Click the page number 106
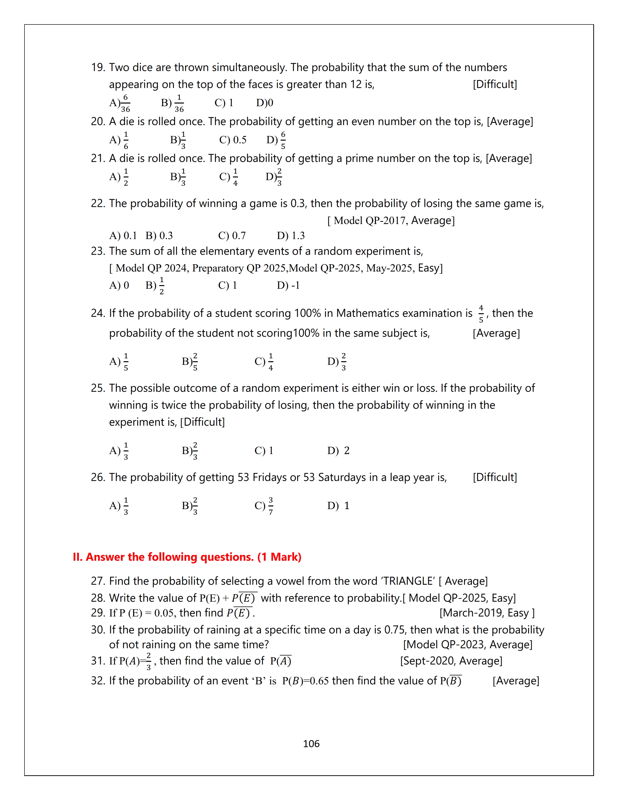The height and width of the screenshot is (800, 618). pyautogui.click(x=311, y=744)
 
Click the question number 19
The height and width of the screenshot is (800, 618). pyautogui.click(x=98, y=67)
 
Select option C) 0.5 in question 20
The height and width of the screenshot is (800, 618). pyautogui.click(x=233, y=140)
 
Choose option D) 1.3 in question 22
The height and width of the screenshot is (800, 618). pyautogui.click(x=291, y=236)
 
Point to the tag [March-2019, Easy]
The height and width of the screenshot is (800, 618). pyautogui.click(x=487, y=613)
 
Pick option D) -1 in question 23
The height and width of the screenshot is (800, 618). pyautogui.click(x=288, y=285)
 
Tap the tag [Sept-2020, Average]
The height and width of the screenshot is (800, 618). pyautogui.click(x=451, y=661)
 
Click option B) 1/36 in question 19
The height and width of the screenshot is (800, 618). pyautogui.click(x=173, y=103)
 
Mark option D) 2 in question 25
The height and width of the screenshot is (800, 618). pyautogui.click(x=338, y=451)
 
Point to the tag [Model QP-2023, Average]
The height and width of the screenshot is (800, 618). pyautogui.click(x=467, y=645)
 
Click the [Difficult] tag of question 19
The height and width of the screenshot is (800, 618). pyautogui.click(x=495, y=85)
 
